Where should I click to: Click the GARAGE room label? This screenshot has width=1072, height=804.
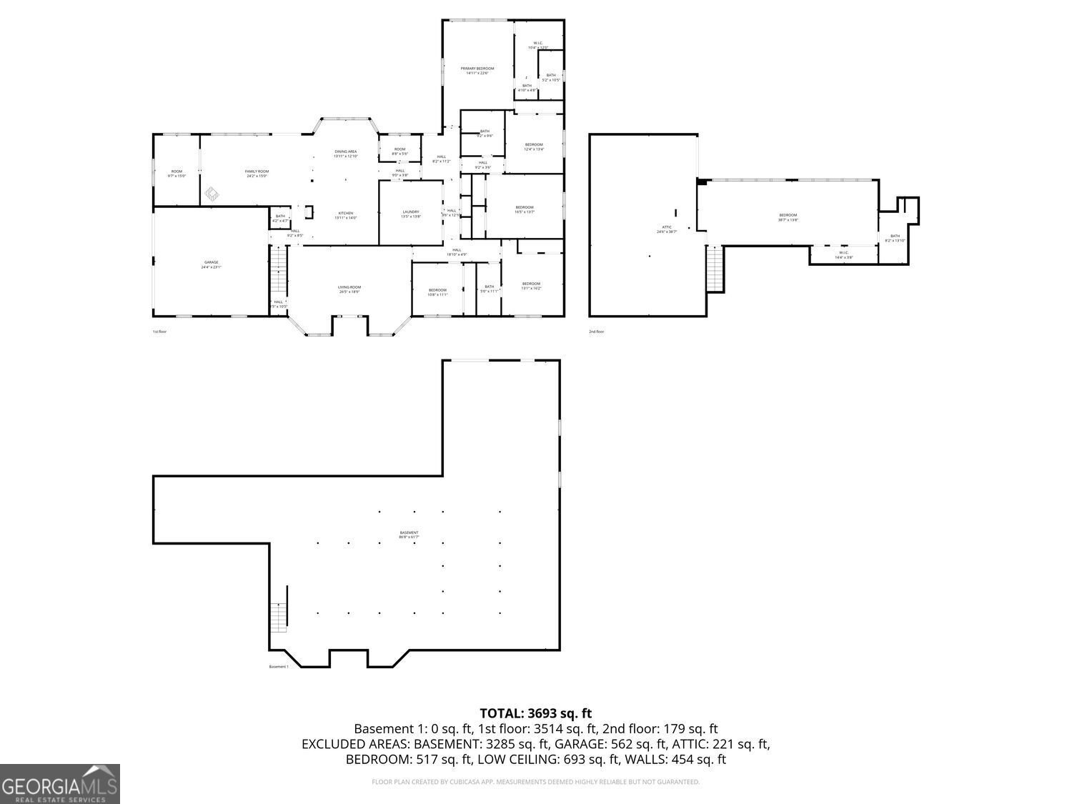click(x=211, y=263)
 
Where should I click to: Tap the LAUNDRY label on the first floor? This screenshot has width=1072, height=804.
click(x=411, y=212)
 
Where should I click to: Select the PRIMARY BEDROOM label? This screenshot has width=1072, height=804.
click(x=477, y=69)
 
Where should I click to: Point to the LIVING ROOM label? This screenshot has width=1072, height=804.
click(x=349, y=288)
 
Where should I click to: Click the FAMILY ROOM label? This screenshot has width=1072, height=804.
click(x=257, y=172)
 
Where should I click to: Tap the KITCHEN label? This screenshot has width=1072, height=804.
click(x=345, y=214)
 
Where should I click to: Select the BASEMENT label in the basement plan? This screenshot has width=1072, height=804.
click(x=409, y=534)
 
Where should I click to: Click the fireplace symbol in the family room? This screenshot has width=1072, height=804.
click(x=212, y=194)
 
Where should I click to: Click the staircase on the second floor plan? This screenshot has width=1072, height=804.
click(x=715, y=269)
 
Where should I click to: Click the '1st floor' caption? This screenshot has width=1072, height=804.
click(x=159, y=332)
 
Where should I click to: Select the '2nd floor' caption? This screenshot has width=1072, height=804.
click(x=596, y=332)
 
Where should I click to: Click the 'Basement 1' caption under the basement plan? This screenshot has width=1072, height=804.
click(x=279, y=667)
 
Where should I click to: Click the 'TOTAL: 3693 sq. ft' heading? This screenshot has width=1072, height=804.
click(x=535, y=713)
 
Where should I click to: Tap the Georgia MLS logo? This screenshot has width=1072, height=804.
click(x=60, y=784)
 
